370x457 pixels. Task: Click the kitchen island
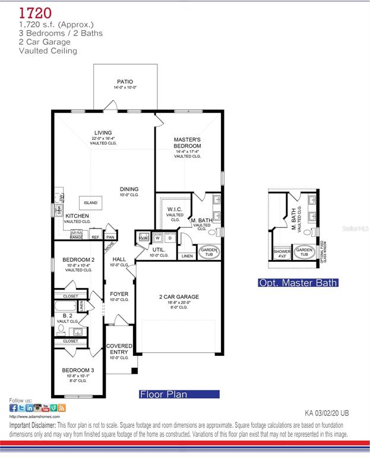click(x=90, y=203)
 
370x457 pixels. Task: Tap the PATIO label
click(x=125, y=82)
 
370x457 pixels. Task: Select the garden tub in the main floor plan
click(x=208, y=252)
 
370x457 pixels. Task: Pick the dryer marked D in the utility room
click(x=170, y=238)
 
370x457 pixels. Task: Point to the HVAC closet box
click(x=143, y=238)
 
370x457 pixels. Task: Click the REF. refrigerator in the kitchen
click(x=95, y=237)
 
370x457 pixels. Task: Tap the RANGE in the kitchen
click(x=77, y=236)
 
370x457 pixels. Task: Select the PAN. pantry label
click(x=110, y=236)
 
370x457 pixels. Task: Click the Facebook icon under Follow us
click(x=14, y=408)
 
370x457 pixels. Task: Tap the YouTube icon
click(x=46, y=408)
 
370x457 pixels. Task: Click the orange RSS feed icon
click(x=62, y=408)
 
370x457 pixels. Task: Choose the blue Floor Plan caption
click(x=179, y=394)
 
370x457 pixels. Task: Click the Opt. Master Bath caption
click(x=298, y=283)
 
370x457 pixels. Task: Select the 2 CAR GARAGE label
click(x=179, y=296)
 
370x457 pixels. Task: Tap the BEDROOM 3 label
click(x=78, y=370)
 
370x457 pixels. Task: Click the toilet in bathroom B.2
click(x=61, y=328)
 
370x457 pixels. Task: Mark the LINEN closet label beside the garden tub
click(x=187, y=256)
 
